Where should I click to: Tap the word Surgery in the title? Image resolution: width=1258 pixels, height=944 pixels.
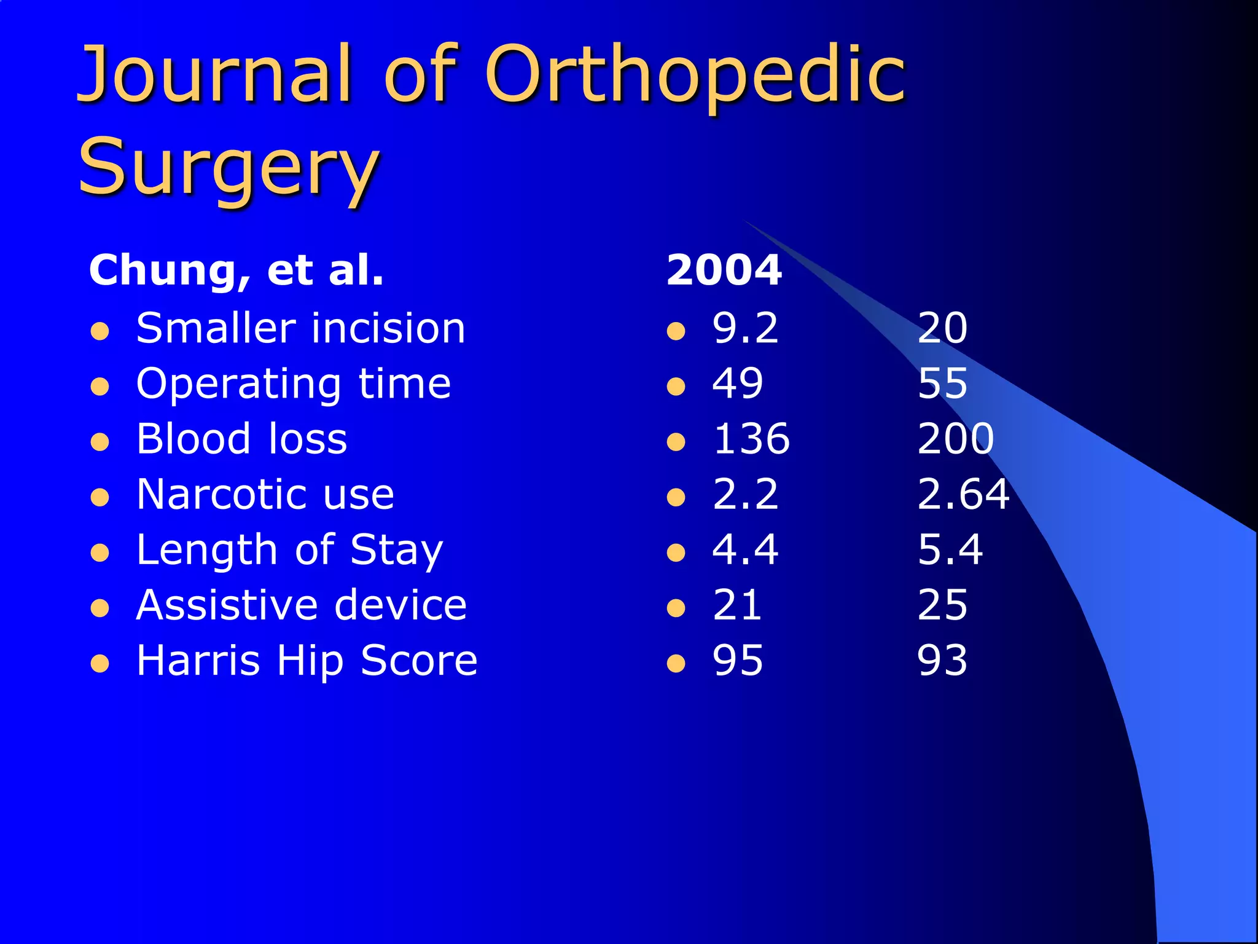pos(229,167)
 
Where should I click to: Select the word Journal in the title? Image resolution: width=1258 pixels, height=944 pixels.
pos(214,75)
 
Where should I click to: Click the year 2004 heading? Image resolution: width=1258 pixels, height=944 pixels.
pos(724,270)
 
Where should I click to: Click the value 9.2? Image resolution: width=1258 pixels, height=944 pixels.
pos(745,328)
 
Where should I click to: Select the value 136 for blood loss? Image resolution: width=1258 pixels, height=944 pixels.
pos(751,439)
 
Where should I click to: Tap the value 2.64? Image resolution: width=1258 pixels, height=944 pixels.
pos(963,494)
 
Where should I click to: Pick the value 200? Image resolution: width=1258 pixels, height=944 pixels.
pos(955,439)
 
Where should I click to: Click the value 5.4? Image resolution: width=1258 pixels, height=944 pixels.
pos(950,549)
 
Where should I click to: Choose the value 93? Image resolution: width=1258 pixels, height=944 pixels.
pos(942,661)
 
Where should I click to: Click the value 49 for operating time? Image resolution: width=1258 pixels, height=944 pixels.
pos(738,383)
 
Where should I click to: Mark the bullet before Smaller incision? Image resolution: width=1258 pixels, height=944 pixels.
pos(100,332)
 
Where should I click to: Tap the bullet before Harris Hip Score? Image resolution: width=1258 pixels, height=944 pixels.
pos(100,664)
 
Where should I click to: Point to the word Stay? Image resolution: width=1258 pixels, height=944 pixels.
pos(396,549)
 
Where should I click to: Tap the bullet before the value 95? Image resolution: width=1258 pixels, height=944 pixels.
pos(676,664)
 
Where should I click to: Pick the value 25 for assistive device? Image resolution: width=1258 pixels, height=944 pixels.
pos(942,605)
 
